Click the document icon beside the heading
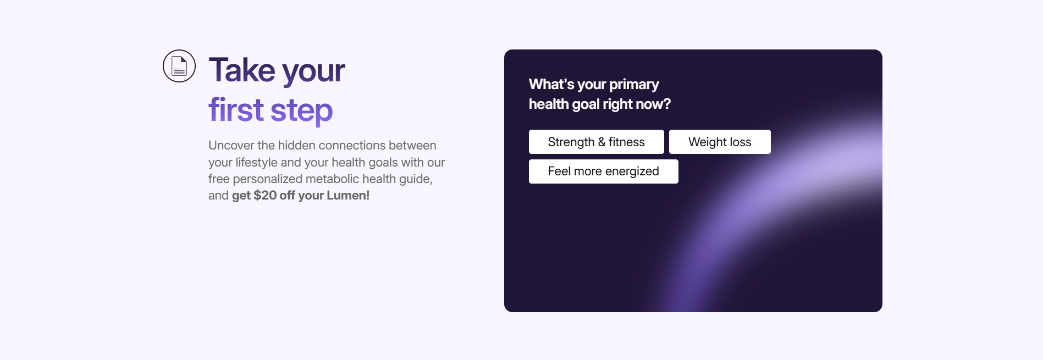pyautogui.click(x=179, y=66)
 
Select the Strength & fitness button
pyautogui.click(x=596, y=142)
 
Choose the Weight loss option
pyautogui.click(x=720, y=142)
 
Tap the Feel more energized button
pyautogui.click(x=603, y=171)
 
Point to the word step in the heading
pyautogui.click(x=301, y=110)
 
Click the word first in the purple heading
pyautogui.click(x=236, y=109)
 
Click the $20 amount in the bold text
pyautogui.click(x=265, y=195)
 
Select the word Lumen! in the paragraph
pyautogui.click(x=348, y=195)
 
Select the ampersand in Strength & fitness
pyautogui.click(x=601, y=142)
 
